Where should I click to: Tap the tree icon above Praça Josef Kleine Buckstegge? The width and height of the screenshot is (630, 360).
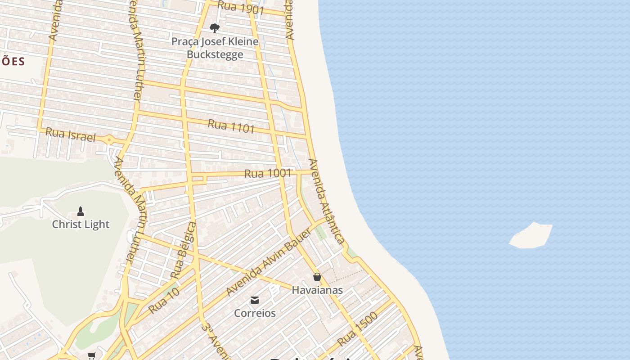click(215, 28)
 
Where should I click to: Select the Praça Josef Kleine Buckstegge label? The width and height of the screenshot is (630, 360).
click(215, 48)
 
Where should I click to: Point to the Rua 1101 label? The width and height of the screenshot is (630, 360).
click(231, 126)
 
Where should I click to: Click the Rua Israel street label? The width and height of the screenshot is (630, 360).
click(71, 134)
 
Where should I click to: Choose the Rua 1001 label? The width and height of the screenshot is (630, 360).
click(268, 173)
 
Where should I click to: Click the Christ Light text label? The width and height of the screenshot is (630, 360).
click(81, 224)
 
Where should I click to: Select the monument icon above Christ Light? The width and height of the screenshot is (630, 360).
click(81, 211)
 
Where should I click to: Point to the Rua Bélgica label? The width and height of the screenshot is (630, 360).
click(184, 249)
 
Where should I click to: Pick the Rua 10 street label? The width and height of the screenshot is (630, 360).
click(164, 300)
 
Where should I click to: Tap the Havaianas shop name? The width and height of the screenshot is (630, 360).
click(317, 290)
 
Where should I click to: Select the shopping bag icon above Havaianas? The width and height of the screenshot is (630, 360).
click(317, 277)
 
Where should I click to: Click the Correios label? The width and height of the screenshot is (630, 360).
click(255, 313)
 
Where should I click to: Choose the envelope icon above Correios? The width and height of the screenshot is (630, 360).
click(255, 300)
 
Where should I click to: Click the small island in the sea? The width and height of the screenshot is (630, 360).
click(531, 236)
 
